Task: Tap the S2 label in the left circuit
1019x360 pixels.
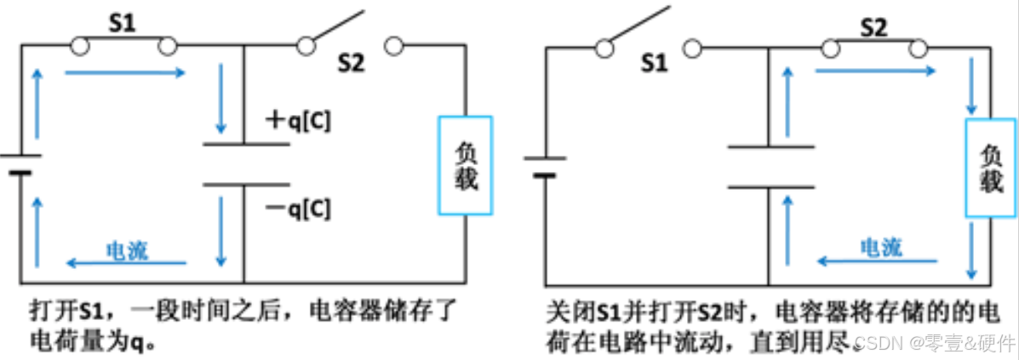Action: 350,63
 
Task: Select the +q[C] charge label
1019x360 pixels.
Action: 298,122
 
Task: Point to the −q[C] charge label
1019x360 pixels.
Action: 298,208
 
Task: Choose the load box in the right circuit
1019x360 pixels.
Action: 990,168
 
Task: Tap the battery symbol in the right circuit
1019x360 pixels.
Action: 545,165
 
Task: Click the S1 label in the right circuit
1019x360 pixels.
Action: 654,62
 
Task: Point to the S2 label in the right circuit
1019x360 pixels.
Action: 873,27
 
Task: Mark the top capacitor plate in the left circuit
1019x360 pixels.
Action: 244,144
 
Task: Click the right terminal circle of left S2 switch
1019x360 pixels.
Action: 393,46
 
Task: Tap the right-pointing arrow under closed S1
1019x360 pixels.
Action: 124,73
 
